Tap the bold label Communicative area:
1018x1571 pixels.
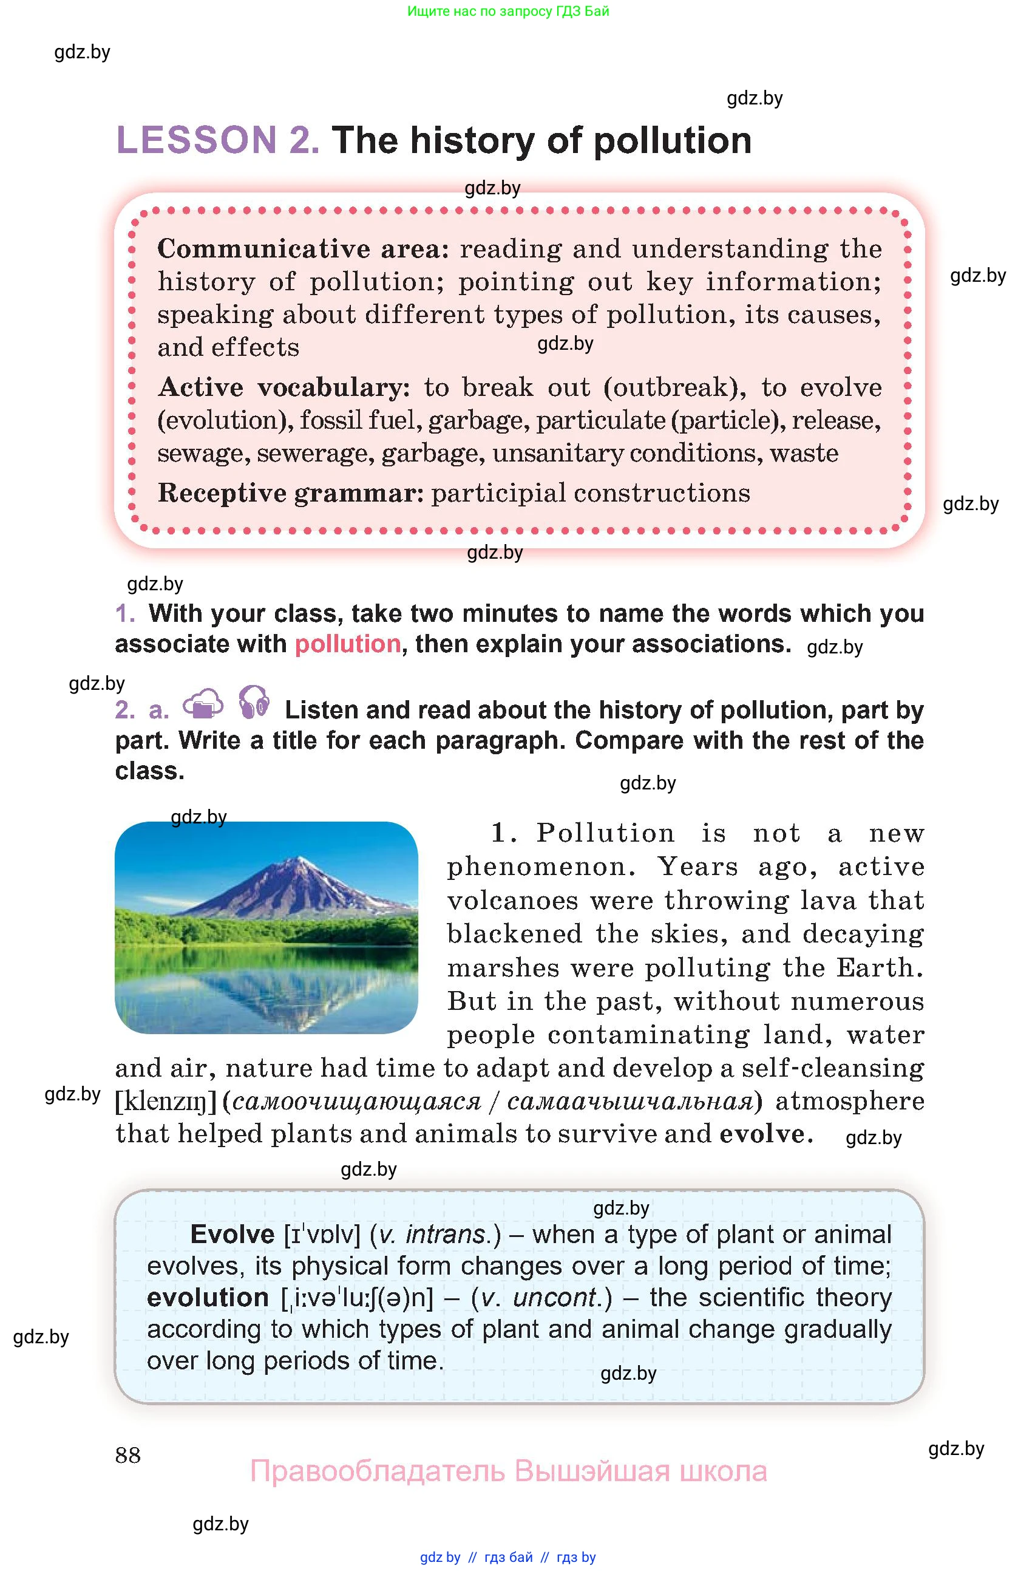click(303, 249)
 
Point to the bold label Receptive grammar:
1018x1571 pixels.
click(290, 493)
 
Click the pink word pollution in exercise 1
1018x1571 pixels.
click(348, 644)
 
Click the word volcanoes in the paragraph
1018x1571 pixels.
click(512, 901)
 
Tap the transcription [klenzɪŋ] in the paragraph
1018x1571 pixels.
click(166, 1102)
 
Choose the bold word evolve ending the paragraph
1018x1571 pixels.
click(762, 1134)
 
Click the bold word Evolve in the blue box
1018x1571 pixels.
click(232, 1235)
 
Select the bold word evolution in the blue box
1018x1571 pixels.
click(208, 1298)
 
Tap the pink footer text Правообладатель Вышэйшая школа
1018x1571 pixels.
click(508, 1471)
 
